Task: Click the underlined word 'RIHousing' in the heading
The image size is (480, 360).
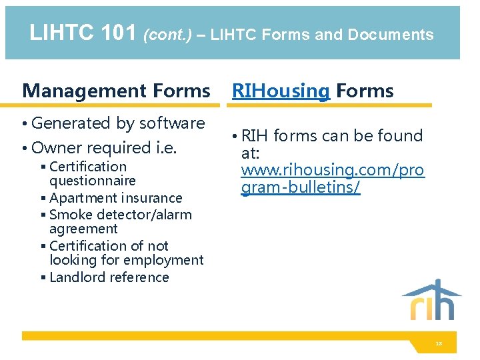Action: click(281, 91)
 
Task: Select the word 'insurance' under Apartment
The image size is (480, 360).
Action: click(151, 198)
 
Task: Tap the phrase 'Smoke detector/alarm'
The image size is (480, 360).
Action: click(120, 215)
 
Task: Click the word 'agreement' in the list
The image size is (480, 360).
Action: click(83, 229)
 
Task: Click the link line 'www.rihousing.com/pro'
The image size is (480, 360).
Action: click(332, 171)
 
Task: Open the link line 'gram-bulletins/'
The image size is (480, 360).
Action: click(301, 188)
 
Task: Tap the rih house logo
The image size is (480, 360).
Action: click(431, 300)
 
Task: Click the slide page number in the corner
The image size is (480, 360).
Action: click(439, 344)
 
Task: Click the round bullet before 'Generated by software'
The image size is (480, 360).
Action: click(25, 124)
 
